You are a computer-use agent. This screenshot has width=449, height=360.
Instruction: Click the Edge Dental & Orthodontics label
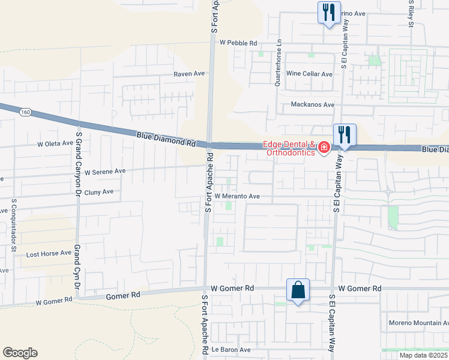(288, 148)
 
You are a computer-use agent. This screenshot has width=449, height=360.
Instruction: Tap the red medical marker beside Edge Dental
(324, 147)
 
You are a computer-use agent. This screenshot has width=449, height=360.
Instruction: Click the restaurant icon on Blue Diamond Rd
(345, 134)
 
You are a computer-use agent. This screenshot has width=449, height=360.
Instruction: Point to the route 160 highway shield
(25, 112)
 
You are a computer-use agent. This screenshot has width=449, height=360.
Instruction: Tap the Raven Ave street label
(189, 74)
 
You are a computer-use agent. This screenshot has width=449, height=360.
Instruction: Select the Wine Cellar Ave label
(309, 74)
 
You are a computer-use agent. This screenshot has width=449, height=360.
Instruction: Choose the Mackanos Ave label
(312, 104)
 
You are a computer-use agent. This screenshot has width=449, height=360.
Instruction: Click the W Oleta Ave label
(55, 144)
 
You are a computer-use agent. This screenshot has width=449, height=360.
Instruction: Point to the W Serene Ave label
(105, 171)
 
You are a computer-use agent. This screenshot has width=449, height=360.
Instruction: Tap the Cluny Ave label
(98, 192)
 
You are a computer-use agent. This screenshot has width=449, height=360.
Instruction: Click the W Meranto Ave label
(237, 196)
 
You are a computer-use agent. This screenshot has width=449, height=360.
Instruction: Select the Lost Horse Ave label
(49, 254)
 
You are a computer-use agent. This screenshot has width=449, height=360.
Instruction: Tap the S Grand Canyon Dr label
(77, 168)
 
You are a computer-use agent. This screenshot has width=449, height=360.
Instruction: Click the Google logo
(20, 353)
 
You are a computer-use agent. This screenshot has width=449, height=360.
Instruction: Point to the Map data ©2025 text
(423, 355)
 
